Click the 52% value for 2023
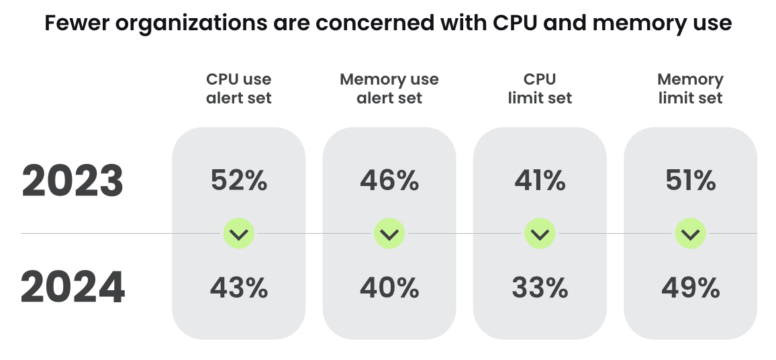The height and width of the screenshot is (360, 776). pyautogui.click(x=239, y=181)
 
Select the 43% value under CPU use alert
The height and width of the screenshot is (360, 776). pyautogui.click(x=239, y=288)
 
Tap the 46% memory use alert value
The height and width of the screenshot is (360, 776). pyautogui.click(x=389, y=181)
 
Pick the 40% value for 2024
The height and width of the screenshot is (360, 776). pyautogui.click(x=389, y=288)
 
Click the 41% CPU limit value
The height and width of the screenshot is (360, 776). pyautogui.click(x=540, y=181)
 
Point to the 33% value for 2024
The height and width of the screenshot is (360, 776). pyautogui.click(x=540, y=288)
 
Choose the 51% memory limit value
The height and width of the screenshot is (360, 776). pyautogui.click(x=690, y=181)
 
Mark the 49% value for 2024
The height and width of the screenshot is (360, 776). pyautogui.click(x=690, y=288)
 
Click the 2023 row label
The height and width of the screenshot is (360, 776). pyautogui.click(x=72, y=181)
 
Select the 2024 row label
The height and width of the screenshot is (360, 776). pyautogui.click(x=72, y=288)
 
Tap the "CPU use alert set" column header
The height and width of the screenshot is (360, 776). pyautogui.click(x=239, y=89)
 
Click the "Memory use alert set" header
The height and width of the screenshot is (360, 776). pyautogui.click(x=389, y=89)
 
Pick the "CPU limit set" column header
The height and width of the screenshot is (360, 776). pyautogui.click(x=540, y=89)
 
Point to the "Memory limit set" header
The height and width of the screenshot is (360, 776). pyautogui.click(x=690, y=89)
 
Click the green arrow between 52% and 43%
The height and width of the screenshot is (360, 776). pyautogui.click(x=239, y=234)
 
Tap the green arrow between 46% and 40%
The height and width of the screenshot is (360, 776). pyautogui.click(x=389, y=234)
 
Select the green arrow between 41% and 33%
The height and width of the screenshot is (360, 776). pyautogui.click(x=540, y=234)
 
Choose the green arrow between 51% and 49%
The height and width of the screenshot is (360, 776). pyautogui.click(x=690, y=234)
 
